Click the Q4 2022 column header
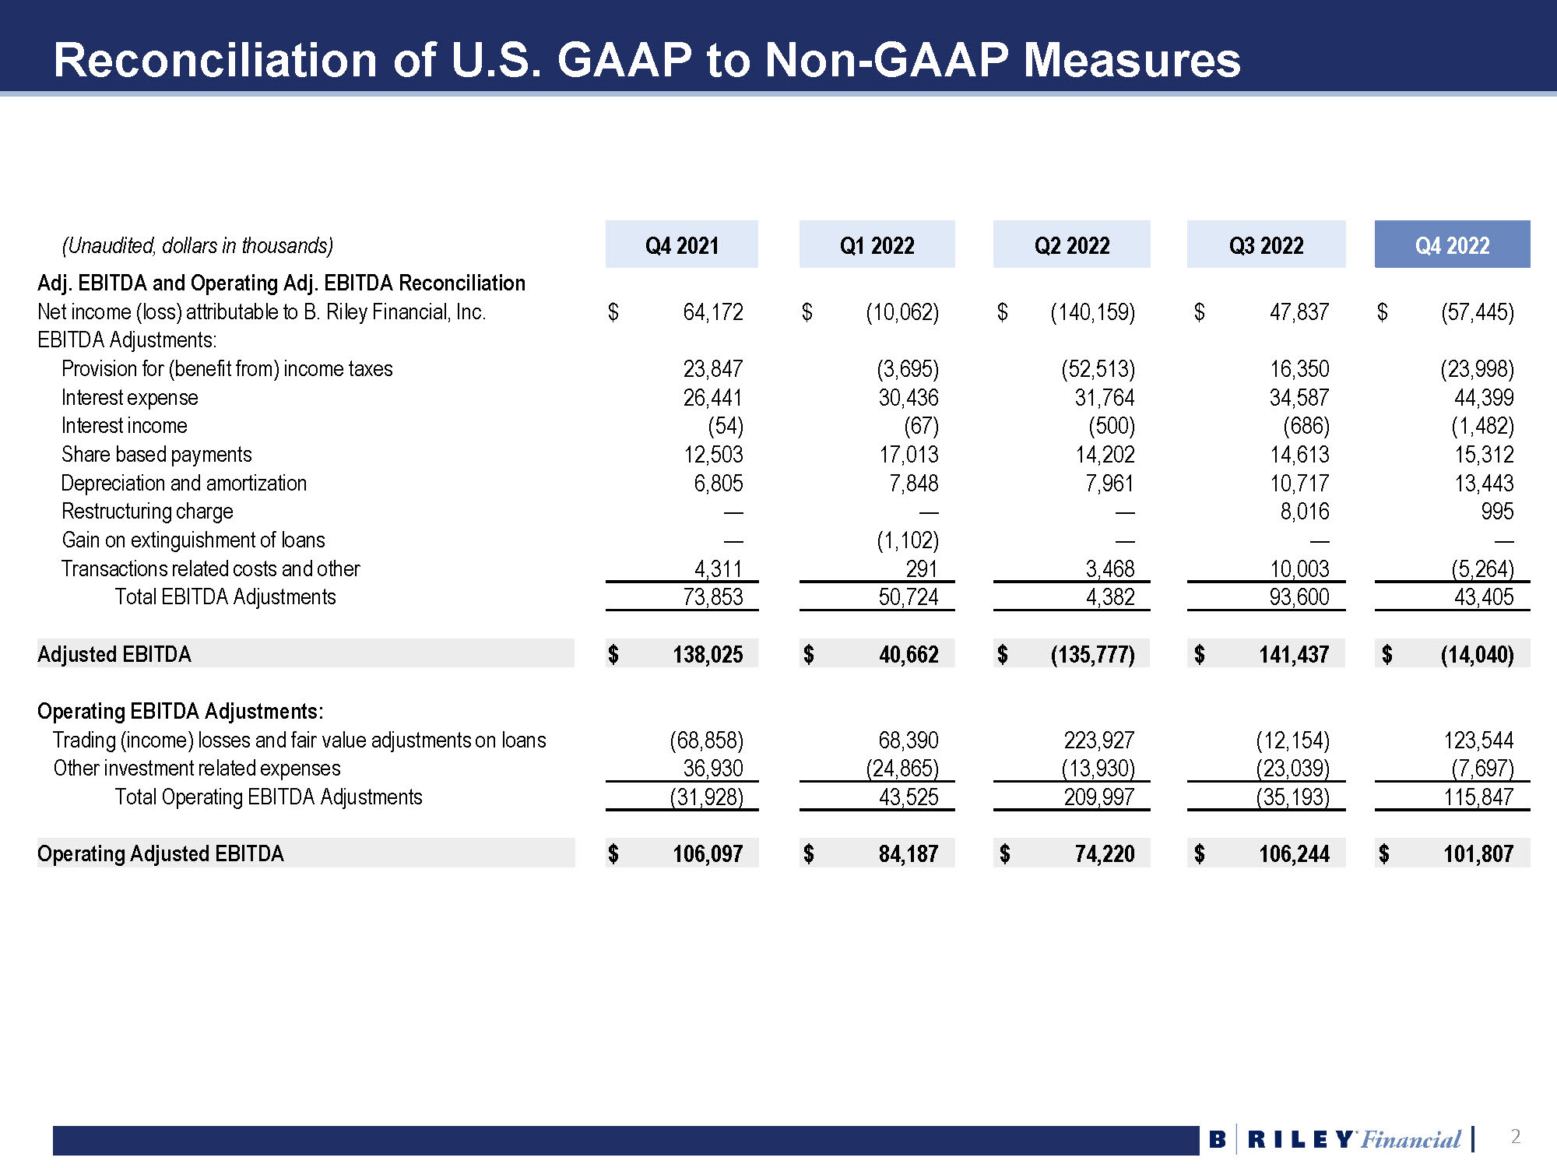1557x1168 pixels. coord(1452,245)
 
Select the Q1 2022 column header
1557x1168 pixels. coord(877,245)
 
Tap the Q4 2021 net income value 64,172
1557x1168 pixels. coord(712,312)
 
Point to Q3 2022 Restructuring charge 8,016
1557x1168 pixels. coord(1305,512)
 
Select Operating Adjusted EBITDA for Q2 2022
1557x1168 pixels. coord(1104,854)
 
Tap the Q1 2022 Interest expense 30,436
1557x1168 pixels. coord(909,398)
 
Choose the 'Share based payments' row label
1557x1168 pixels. coord(156,455)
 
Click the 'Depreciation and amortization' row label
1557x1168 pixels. coord(184,484)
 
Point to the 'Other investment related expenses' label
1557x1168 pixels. coord(197,769)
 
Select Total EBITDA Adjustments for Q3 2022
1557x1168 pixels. coord(1299,597)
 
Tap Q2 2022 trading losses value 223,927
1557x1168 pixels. coord(1098,740)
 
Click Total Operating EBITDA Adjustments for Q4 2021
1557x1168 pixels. coord(706,797)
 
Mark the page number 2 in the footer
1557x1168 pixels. coord(1515,1137)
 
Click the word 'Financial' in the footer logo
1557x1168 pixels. coord(1411,1140)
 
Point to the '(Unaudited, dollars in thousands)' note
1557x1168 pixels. coord(198,246)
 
